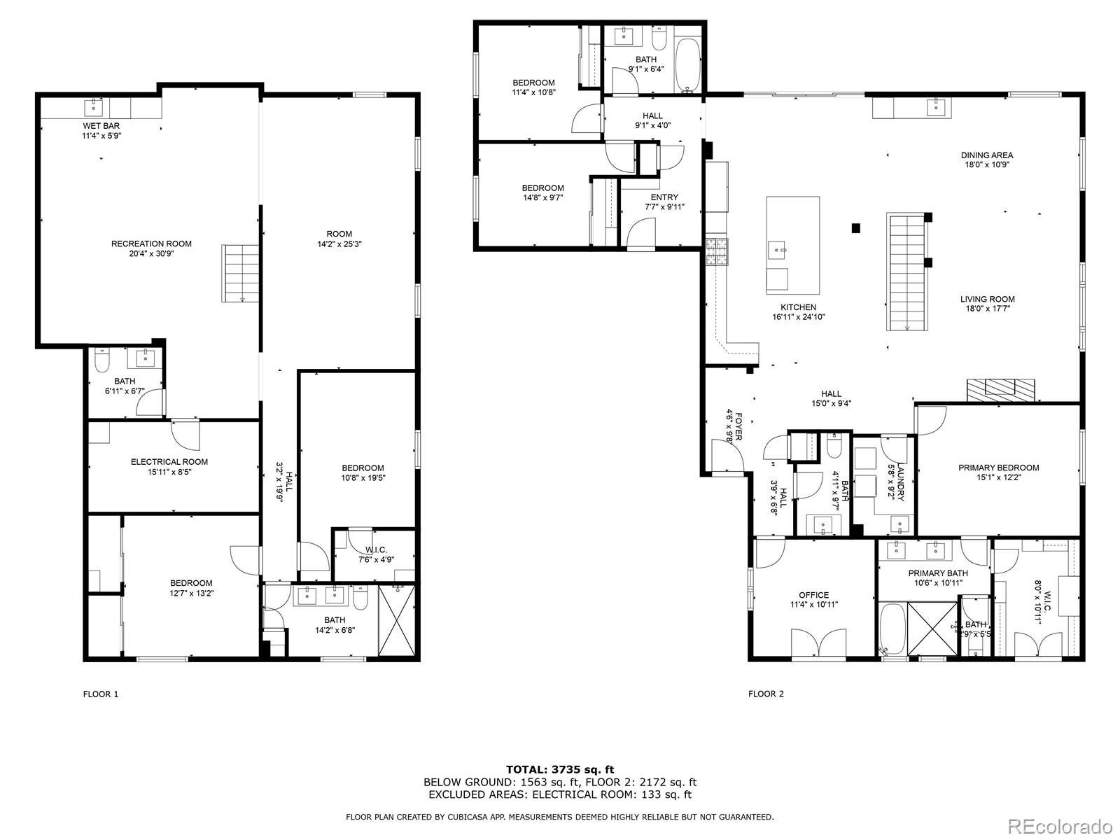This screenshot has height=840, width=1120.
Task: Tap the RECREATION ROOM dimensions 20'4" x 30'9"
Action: coord(151,254)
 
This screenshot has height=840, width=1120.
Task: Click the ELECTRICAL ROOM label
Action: coord(169,462)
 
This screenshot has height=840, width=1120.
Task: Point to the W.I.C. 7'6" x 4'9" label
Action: coord(376,549)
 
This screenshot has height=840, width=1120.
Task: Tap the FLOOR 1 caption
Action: coord(101,694)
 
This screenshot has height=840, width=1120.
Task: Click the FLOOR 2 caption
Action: coord(766,694)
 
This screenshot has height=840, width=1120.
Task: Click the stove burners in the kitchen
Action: coord(716,253)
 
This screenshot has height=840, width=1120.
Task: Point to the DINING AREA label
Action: coord(986,155)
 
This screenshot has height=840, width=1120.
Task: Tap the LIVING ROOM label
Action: coord(987,299)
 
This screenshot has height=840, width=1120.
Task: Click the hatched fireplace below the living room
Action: coord(1000,390)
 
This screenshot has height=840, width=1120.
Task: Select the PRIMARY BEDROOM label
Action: coord(998,468)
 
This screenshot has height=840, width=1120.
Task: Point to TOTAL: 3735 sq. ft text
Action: coord(559,769)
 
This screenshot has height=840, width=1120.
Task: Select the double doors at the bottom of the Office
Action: coord(818,643)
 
